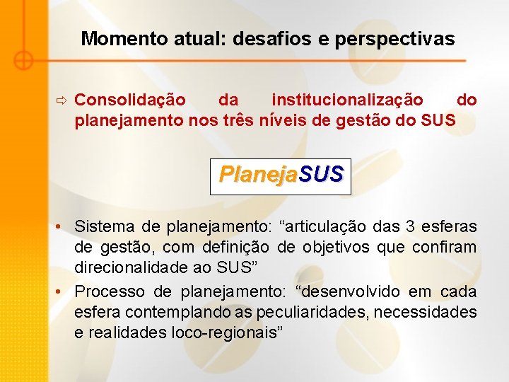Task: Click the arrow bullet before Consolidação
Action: (62, 100)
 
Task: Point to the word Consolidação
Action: (130, 100)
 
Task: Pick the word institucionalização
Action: (348, 100)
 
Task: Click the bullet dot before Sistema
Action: (63, 227)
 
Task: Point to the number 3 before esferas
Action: (411, 227)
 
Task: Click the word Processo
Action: (110, 291)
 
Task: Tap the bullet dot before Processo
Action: (63, 291)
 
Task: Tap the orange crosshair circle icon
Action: (23, 61)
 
